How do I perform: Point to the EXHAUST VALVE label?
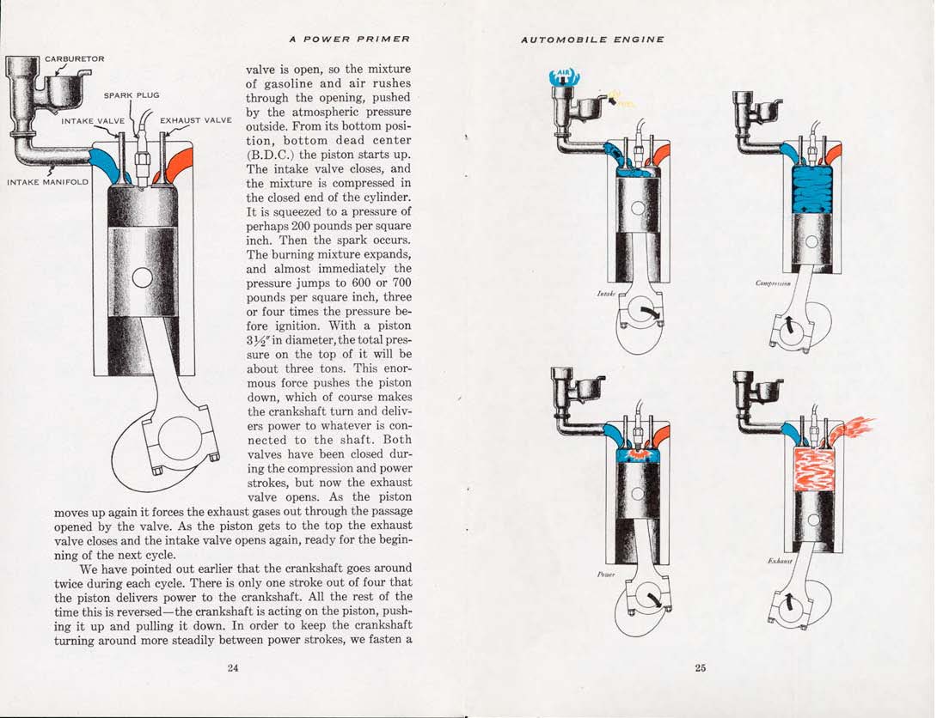pos(196,120)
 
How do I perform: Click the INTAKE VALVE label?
pos(93,121)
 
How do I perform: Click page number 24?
pos(232,669)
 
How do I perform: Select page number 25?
pos(700,669)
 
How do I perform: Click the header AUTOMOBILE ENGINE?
pos(592,39)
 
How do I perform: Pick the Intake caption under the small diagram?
pos(605,294)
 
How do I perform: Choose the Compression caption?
pos(773,283)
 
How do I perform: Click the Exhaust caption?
pos(779,561)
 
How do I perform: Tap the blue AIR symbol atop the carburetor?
pos(566,77)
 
